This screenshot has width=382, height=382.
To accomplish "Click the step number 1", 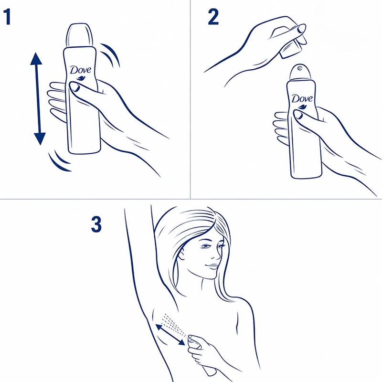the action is [x=8, y=17].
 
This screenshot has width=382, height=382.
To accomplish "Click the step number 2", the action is [x=213, y=17].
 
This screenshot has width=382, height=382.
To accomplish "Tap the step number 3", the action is [x=96, y=224].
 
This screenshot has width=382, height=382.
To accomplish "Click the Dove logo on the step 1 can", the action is [x=81, y=73].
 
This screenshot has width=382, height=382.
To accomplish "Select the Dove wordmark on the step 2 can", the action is [x=302, y=98].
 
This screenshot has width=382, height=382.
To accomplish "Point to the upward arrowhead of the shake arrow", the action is [x=36, y=58].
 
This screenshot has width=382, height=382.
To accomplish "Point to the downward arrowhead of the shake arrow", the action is [x=40, y=139].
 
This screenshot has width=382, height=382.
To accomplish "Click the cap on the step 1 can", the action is [x=80, y=34].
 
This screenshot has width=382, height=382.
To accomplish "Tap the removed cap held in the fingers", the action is [x=291, y=48].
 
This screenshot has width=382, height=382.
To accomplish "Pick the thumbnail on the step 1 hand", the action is [x=74, y=87].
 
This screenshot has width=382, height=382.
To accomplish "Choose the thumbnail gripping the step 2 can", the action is [x=298, y=114].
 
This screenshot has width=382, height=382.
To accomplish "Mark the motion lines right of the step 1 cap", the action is [x=110, y=55].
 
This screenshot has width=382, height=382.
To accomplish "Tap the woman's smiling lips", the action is [x=212, y=266].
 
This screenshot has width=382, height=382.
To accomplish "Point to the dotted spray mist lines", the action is [x=175, y=325].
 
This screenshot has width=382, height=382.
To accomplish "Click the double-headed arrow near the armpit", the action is [x=170, y=335].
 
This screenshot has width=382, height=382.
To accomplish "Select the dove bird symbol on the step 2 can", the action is [x=302, y=106].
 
